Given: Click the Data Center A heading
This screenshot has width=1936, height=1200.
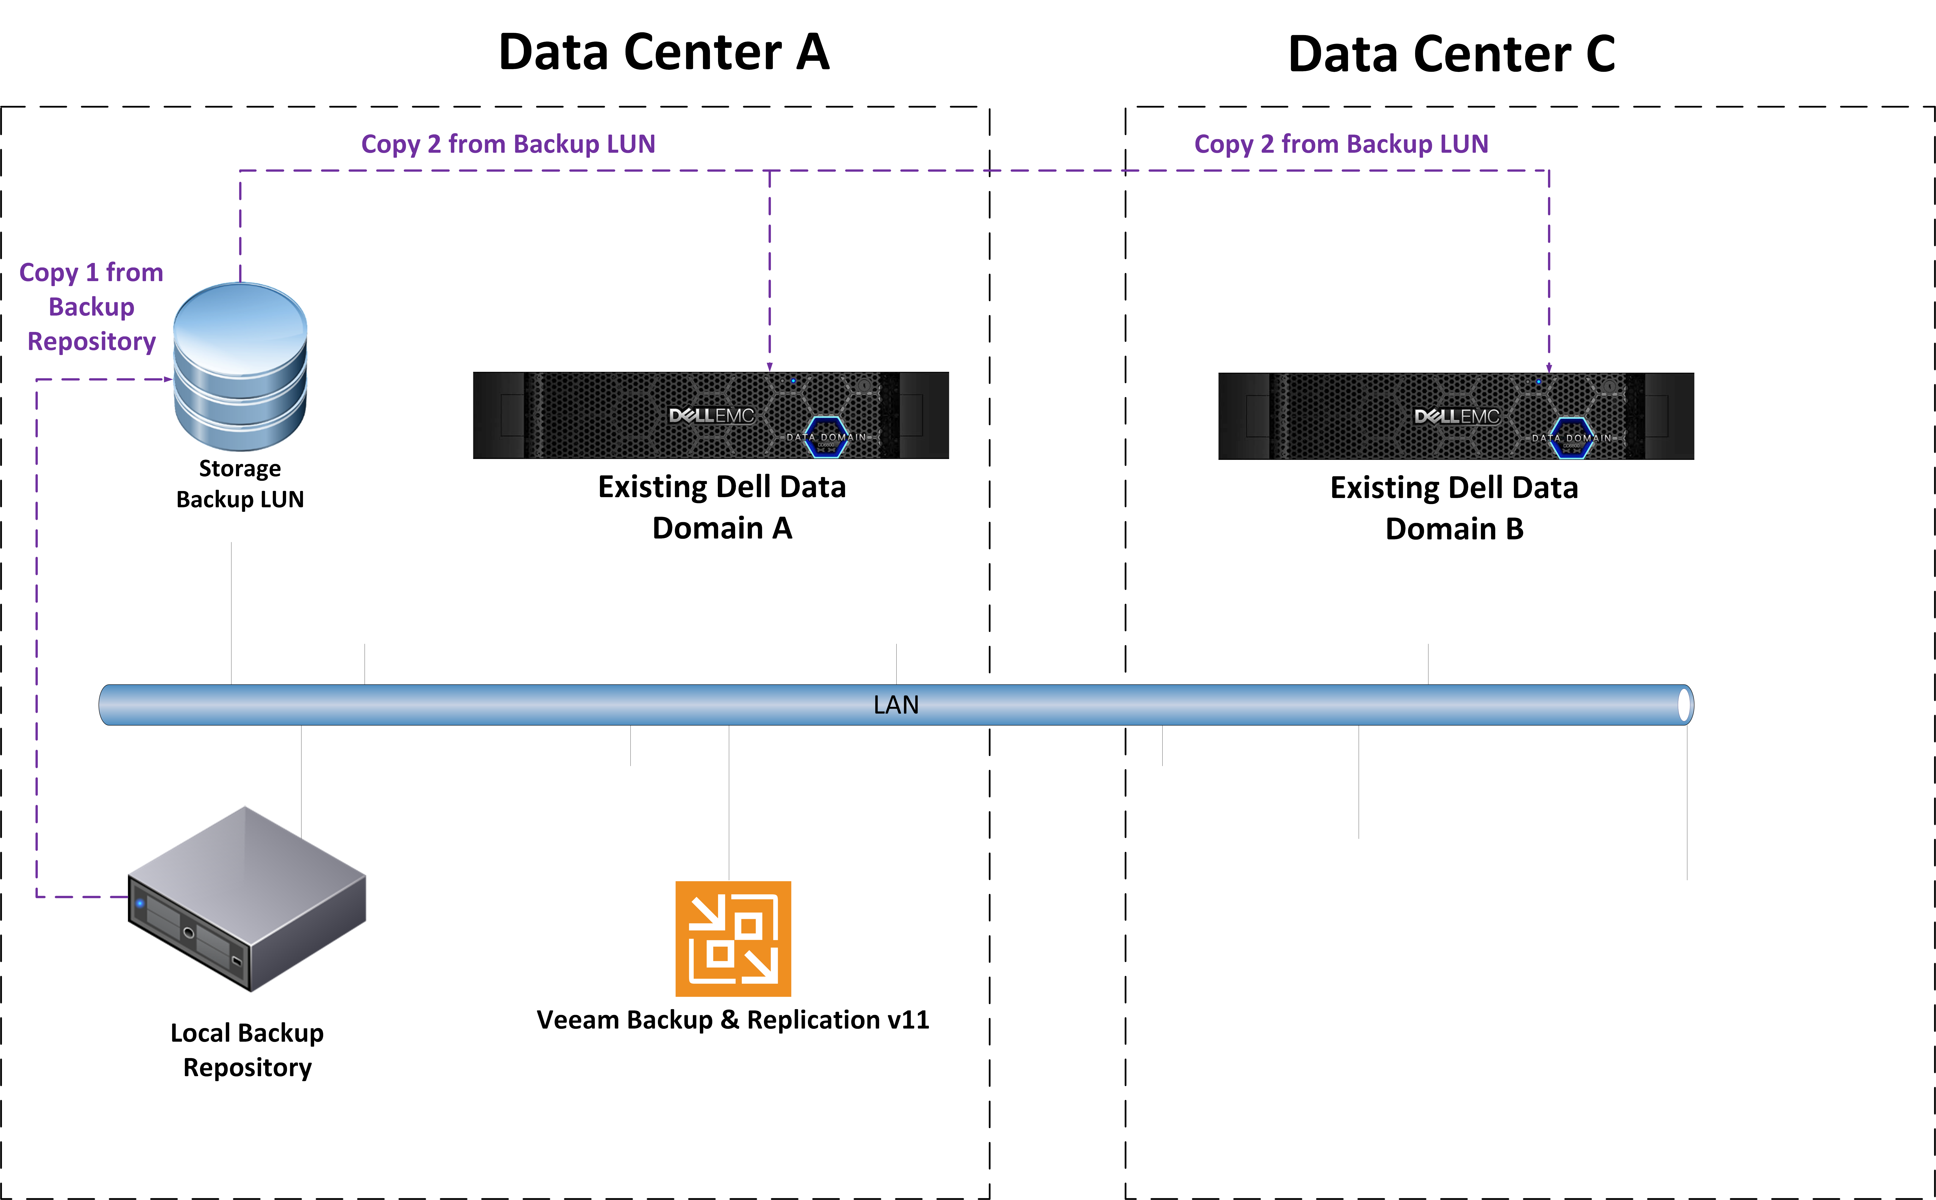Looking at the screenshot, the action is point(664,52).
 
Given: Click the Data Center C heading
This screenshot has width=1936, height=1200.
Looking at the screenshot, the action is point(1452,54).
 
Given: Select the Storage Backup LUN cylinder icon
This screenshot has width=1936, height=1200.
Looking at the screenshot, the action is point(240,367).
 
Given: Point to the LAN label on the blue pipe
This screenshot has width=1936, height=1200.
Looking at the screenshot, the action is point(896,705).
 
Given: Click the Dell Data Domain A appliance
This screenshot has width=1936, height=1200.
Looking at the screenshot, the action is point(711,415).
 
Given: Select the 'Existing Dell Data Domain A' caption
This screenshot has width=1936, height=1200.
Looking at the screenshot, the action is point(722,507).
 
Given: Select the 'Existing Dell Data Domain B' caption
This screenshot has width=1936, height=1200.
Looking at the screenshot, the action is point(1454,508).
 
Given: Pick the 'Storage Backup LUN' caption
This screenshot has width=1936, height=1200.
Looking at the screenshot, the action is point(240,483).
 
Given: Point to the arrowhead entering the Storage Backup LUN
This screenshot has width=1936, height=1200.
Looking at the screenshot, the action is point(168,379).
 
